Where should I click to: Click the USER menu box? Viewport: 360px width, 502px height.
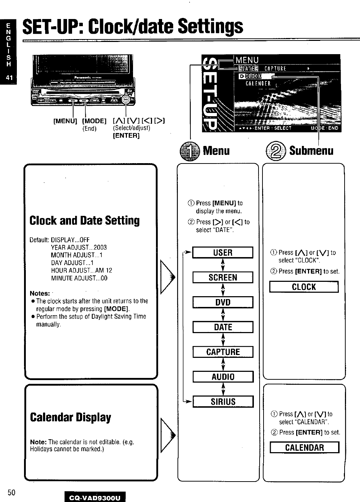(x=223, y=253)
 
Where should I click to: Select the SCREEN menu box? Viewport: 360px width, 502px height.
(x=223, y=278)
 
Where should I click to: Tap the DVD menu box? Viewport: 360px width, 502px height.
(x=223, y=302)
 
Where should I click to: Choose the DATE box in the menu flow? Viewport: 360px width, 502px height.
(x=223, y=327)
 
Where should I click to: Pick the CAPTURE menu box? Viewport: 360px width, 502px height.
(x=223, y=352)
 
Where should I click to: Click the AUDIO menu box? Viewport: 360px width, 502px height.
(x=223, y=377)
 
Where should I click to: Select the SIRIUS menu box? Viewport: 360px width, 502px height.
(x=223, y=402)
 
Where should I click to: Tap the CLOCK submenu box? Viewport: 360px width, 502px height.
(x=304, y=287)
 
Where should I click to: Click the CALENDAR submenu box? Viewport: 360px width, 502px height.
(x=304, y=447)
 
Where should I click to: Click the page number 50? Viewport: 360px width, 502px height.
(x=11, y=492)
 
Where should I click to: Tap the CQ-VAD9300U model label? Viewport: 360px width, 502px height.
(x=95, y=497)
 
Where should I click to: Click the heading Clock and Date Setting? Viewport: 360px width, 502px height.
(x=85, y=221)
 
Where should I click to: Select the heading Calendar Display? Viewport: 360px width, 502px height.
(x=71, y=417)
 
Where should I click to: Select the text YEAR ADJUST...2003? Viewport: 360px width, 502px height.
(x=79, y=247)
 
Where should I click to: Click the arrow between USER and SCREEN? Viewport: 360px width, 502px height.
(x=223, y=265)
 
